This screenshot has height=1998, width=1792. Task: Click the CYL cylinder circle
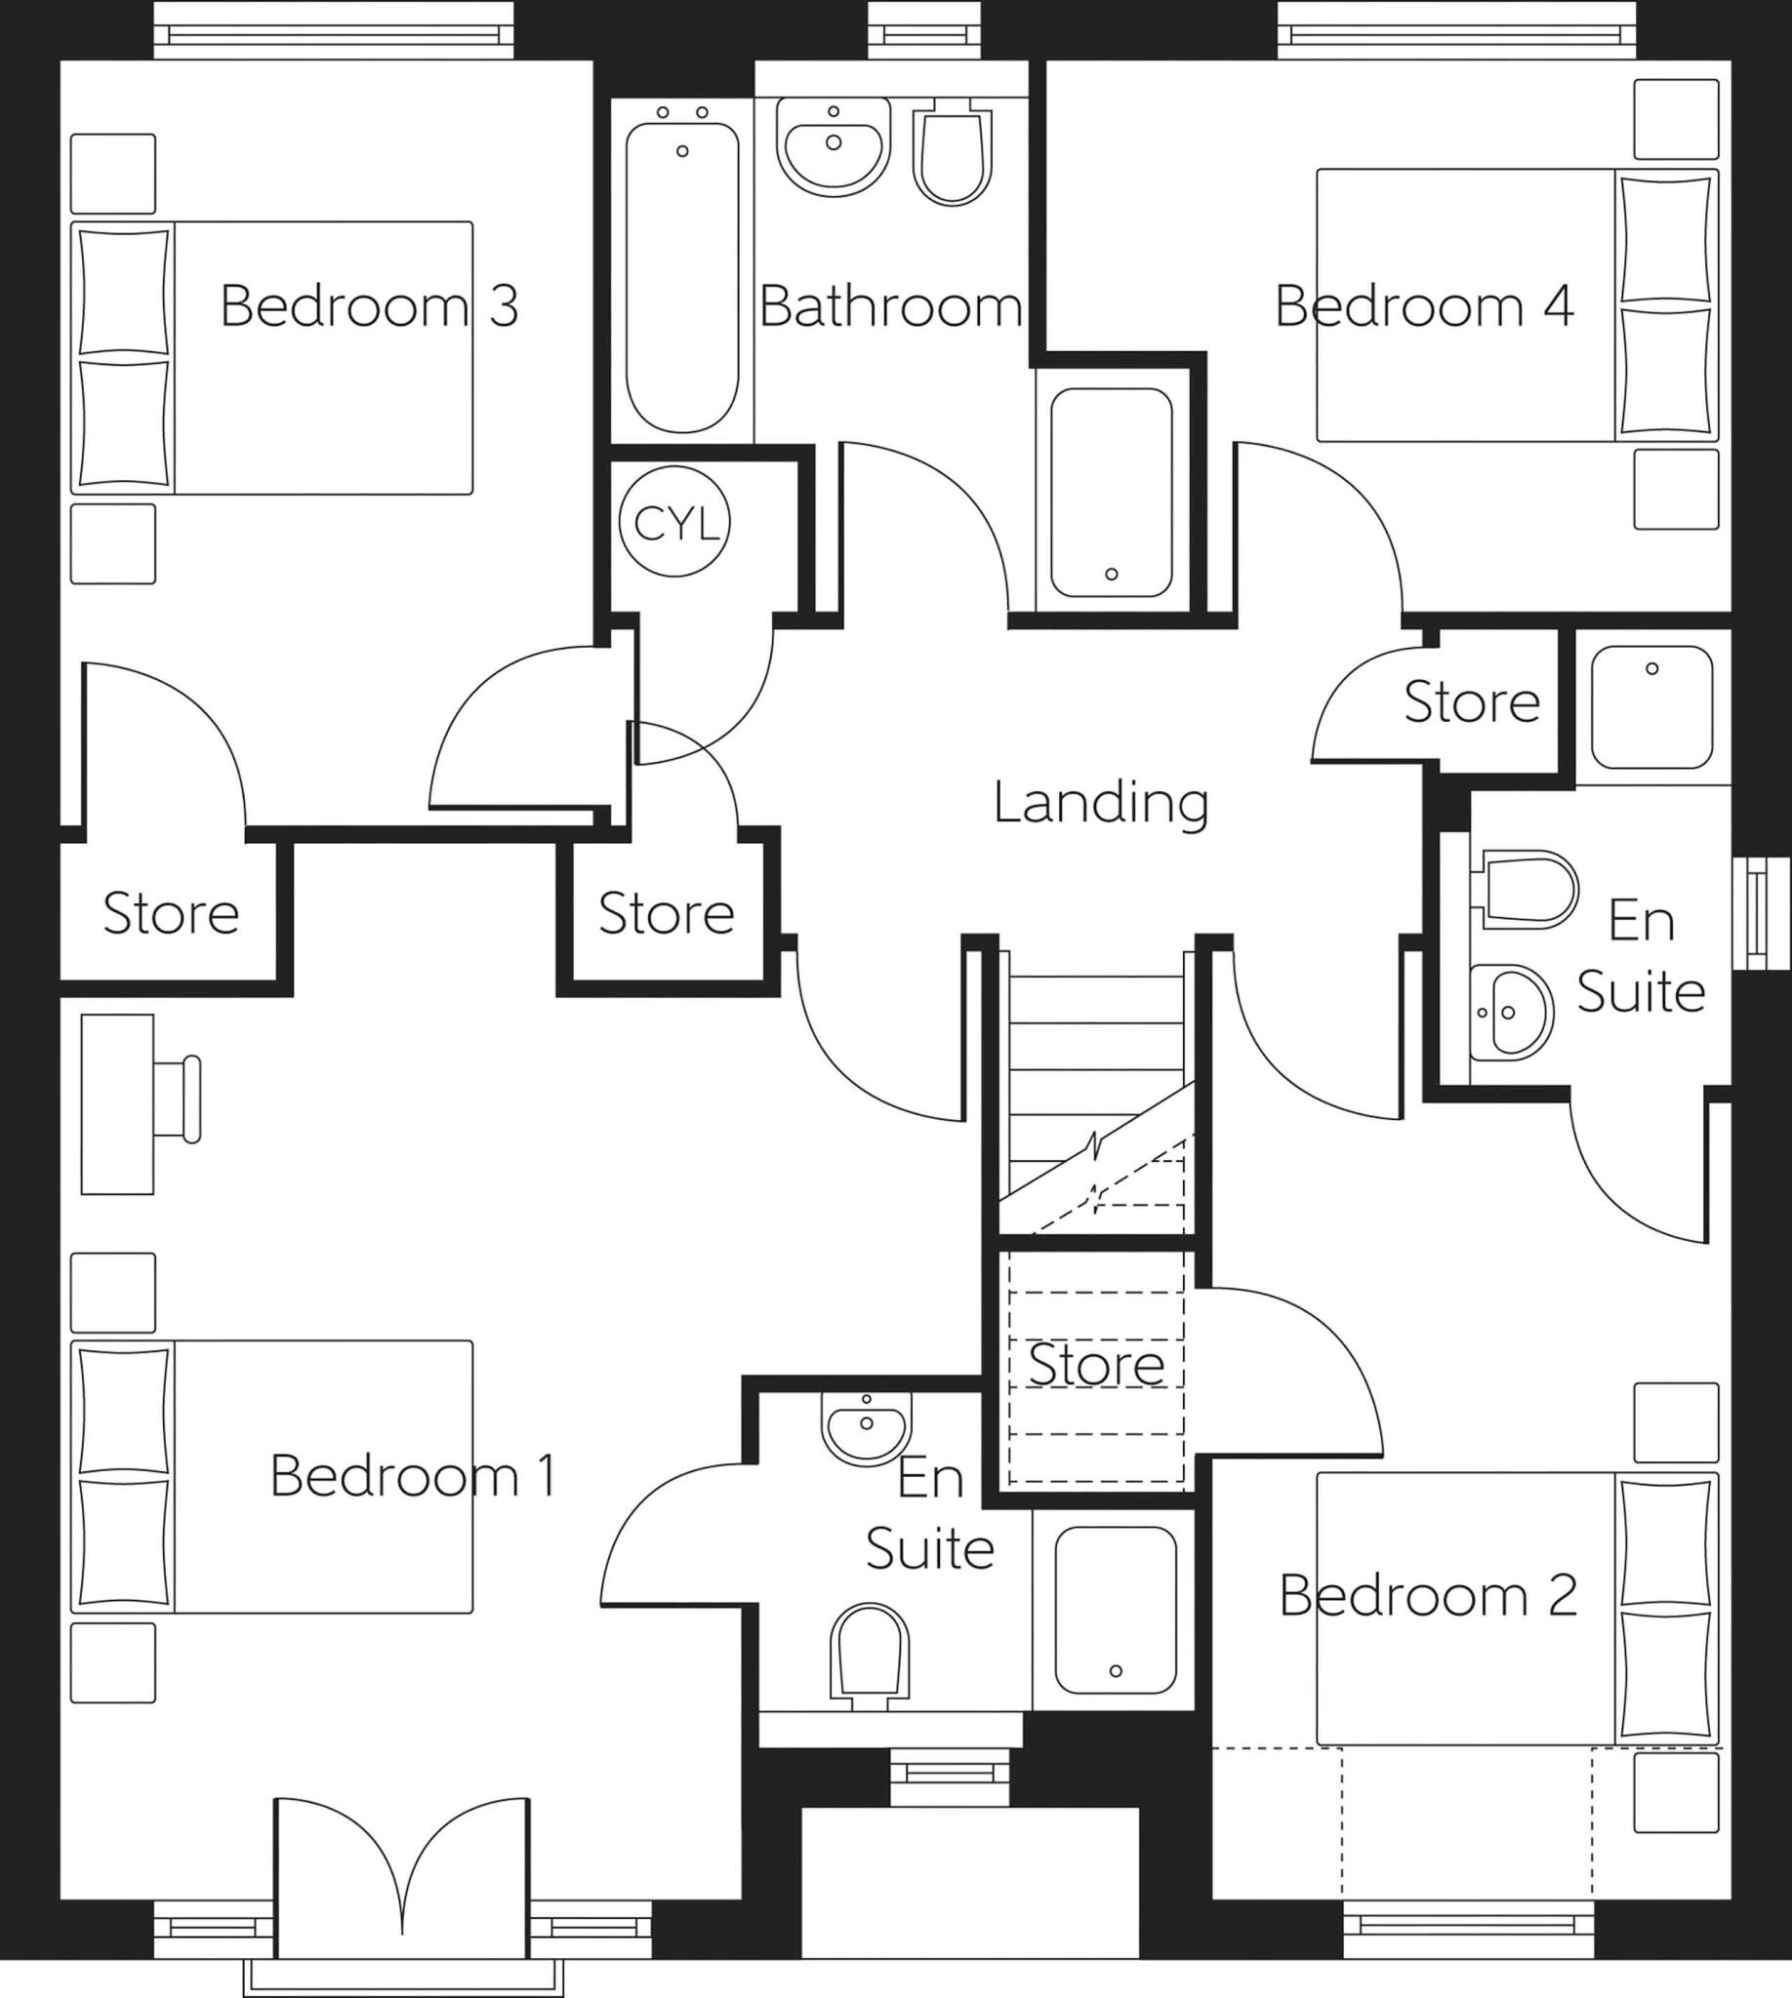[674, 523]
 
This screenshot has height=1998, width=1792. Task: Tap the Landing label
[1101, 802]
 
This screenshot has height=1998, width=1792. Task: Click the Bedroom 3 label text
[368, 305]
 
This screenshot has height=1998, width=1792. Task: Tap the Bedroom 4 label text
[1424, 306]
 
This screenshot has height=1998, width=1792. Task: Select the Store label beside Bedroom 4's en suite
[1471, 701]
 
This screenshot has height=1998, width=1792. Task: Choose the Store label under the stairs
[1096, 1364]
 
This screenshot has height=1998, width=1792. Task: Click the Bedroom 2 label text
[1428, 1595]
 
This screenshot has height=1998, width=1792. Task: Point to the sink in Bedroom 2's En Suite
[1510, 1013]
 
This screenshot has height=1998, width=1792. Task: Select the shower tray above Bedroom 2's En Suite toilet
[1652, 706]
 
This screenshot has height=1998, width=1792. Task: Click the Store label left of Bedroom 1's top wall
[171, 913]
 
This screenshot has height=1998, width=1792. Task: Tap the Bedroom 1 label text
[412, 1475]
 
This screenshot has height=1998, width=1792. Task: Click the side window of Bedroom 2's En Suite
[1761, 912]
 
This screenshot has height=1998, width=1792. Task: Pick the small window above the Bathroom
[924, 34]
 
